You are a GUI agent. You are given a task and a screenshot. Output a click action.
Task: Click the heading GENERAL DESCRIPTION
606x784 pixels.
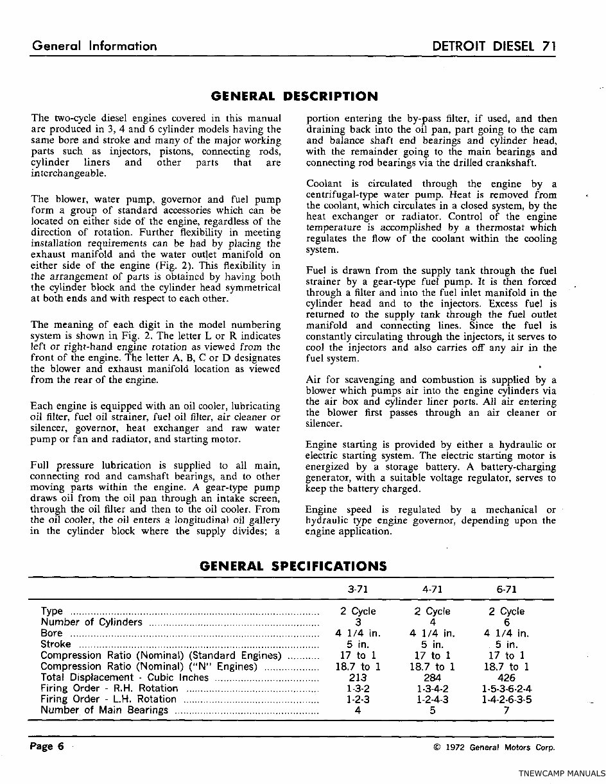click(x=294, y=97)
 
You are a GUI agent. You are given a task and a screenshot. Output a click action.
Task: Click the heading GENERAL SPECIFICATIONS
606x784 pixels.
click(x=293, y=567)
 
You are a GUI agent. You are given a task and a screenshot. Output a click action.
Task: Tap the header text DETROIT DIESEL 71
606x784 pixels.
click(x=494, y=46)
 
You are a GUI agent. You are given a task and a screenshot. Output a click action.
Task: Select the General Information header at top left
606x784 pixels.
click(x=94, y=46)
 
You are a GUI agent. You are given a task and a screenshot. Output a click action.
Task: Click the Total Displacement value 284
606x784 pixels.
click(x=432, y=677)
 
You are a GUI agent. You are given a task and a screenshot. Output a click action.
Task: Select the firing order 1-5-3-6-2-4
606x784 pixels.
click(x=506, y=689)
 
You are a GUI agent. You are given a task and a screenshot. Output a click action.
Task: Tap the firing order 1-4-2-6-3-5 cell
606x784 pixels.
click(x=506, y=700)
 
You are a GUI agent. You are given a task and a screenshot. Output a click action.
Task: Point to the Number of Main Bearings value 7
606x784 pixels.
click(x=506, y=711)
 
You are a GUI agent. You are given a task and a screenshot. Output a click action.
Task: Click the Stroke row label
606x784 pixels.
click(x=56, y=644)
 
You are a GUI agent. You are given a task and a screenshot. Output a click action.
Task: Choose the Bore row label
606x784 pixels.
click(x=51, y=633)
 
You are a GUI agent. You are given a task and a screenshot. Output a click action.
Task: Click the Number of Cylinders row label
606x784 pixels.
click(x=91, y=622)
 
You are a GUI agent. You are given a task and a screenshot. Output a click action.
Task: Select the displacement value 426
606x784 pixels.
click(x=506, y=677)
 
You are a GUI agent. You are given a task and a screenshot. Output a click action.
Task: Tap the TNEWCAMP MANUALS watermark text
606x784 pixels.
click(x=561, y=774)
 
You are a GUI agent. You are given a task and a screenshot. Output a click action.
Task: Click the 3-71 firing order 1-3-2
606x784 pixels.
click(x=358, y=689)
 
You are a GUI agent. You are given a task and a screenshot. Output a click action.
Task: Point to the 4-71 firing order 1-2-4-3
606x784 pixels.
click(x=432, y=700)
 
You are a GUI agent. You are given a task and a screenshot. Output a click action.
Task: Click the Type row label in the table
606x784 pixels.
click(x=51, y=611)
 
